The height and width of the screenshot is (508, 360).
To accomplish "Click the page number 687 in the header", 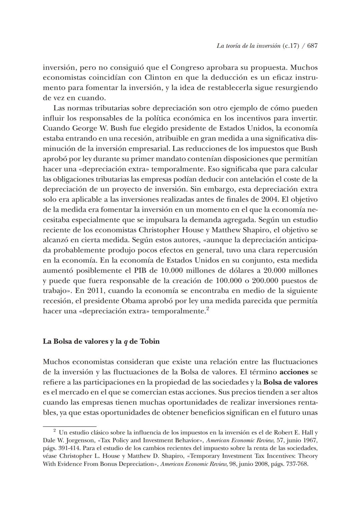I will coord(312,46).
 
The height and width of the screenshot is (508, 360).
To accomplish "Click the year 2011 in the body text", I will coord(96,291).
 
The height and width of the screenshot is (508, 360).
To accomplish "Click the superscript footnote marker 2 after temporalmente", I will coord(207,309).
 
